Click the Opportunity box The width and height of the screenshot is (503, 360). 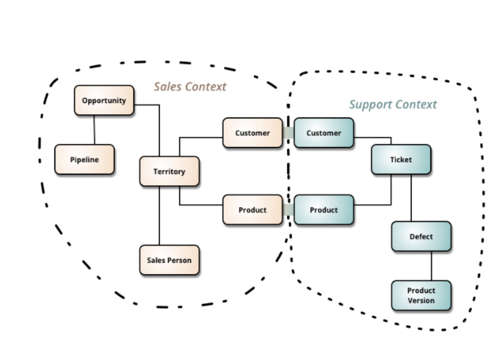click(x=104, y=100)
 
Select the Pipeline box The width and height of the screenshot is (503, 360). click(x=84, y=160)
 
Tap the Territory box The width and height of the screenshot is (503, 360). click(x=169, y=171)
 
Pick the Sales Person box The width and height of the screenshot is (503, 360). click(x=169, y=260)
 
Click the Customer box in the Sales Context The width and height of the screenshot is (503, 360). click(x=252, y=133)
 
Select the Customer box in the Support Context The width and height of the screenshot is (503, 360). click(x=324, y=133)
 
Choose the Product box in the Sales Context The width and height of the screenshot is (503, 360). click(x=252, y=210)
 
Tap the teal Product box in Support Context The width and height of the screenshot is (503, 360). click(x=324, y=210)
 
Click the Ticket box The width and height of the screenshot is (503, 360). click(x=401, y=160)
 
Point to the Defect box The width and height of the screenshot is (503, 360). click(x=421, y=236)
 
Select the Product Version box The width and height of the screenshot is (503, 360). click(x=421, y=295)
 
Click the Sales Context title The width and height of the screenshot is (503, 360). click(x=190, y=87)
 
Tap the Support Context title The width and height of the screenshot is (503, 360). click(x=393, y=104)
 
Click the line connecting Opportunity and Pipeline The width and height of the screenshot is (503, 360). click(x=94, y=130)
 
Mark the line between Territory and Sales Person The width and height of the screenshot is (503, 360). click(x=159, y=216)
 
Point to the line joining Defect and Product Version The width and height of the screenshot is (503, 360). click(x=431, y=266)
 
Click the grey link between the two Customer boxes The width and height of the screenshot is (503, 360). click(x=288, y=133)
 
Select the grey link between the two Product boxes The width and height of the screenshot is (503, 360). click(x=288, y=210)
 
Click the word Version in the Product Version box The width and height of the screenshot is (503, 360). click(x=421, y=301)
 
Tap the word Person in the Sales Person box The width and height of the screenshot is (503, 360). click(x=179, y=260)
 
